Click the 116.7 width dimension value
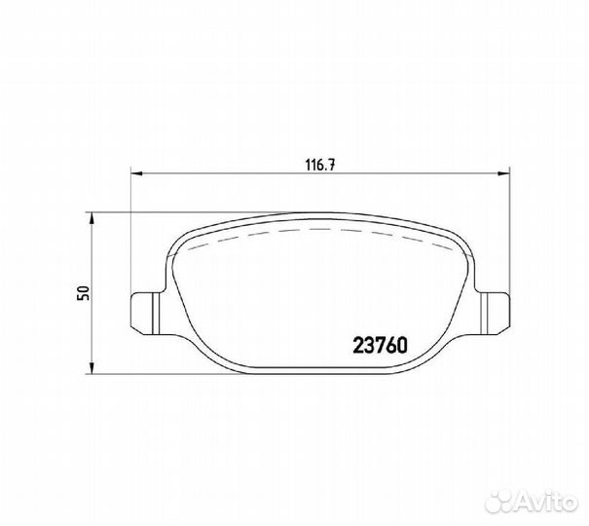[319, 166]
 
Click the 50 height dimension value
[83, 292]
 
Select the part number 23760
[380, 345]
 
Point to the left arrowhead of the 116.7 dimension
[136, 173]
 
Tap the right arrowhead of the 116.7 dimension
[503, 173]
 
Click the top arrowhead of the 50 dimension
[92, 218]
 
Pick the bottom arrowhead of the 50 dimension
[92, 367]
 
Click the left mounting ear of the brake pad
[147, 313]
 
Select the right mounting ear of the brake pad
[493, 313]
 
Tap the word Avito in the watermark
[547, 499]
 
